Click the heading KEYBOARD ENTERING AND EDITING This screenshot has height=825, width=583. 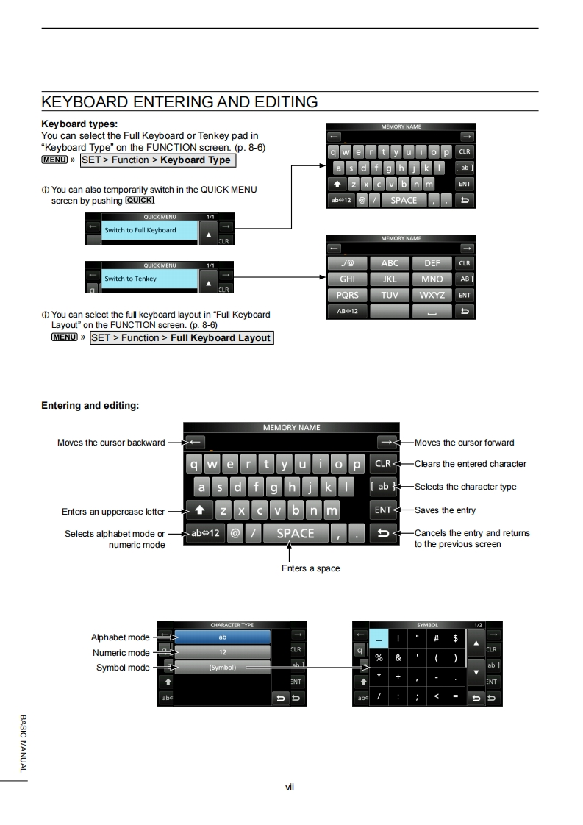click(179, 102)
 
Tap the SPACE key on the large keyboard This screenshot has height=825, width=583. click(296, 534)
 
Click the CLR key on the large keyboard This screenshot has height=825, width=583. click(383, 464)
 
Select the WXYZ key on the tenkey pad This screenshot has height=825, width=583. click(432, 295)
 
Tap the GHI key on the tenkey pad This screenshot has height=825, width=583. click(347, 279)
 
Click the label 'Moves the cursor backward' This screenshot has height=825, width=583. click(111, 443)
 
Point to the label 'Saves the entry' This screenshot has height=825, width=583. click(445, 510)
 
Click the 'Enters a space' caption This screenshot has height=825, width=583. click(310, 568)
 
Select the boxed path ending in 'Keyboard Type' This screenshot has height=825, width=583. click(157, 160)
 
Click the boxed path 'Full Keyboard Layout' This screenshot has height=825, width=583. click(182, 338)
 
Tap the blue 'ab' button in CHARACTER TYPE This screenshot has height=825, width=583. click(223, 637)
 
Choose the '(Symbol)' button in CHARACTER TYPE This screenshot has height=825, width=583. click(223, 668)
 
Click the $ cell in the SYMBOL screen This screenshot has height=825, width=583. click(456, 638)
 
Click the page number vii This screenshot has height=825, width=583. click(290, 787)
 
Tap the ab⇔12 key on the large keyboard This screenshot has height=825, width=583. click(204, 534)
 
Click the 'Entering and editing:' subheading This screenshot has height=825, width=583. click(90, 406)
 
